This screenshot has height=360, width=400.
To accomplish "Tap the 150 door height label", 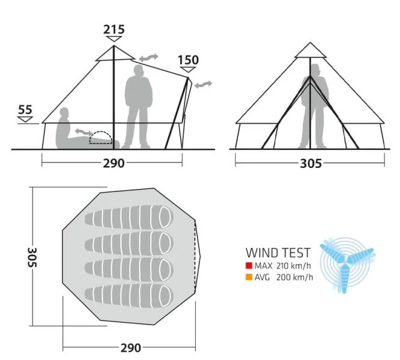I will pos(188,60).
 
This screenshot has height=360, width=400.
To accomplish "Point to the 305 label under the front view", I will pos(310,163).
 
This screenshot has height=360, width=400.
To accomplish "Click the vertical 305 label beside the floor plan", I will pos(33,257).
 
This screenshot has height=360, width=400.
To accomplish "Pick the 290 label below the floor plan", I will pos(130,347).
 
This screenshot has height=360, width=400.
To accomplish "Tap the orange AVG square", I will pos(249,277).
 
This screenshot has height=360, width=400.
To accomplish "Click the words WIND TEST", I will pos(278,253).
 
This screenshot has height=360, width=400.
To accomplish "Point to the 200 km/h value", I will pos(292,277).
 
